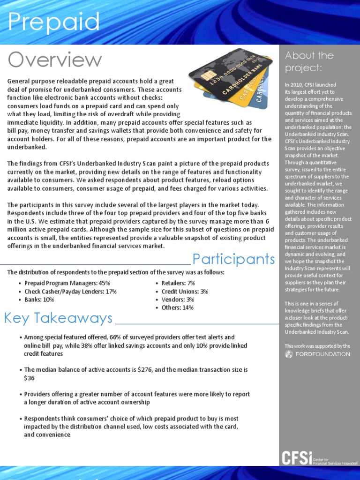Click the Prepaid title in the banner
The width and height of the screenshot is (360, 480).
click(x=54, y=22)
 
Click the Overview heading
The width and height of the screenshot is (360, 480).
click(x=55, y=60)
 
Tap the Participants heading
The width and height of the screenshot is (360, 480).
click(x=233, y=259)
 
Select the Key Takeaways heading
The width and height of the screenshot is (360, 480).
click(x=58, y=318)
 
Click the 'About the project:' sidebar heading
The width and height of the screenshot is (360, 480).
click(x=309, y=61)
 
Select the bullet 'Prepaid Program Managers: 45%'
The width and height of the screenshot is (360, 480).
click(x=67, y=283)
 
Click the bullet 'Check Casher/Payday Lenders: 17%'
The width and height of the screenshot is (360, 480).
click(x=70, y=291)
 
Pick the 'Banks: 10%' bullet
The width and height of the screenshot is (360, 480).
click(x=39, y=300)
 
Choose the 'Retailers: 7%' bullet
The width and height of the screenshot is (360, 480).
click(x=178, y=283)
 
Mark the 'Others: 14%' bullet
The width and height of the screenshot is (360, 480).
click(x=177, y=307)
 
